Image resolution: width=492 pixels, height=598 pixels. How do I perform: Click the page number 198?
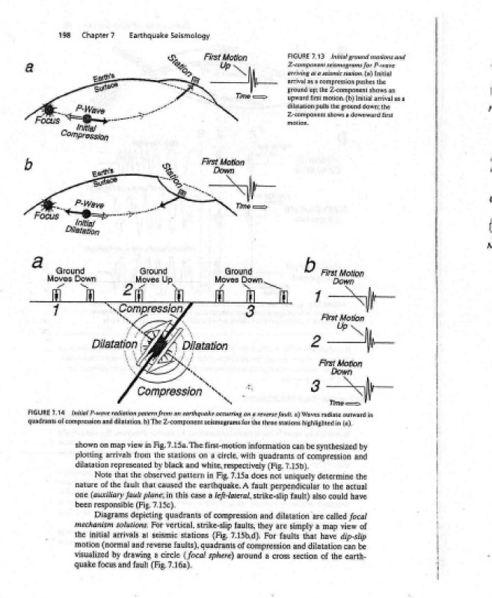(64, 36)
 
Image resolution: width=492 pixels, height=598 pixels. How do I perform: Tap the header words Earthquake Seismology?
(169, 36)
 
